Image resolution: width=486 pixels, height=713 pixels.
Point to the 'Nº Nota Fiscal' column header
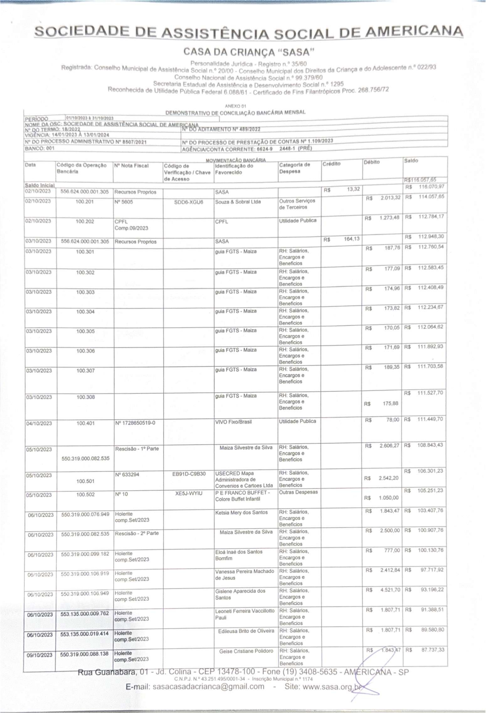131,166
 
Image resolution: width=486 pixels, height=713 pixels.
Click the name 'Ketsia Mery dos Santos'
241,512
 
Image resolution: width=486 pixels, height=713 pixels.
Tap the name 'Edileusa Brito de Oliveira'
246,631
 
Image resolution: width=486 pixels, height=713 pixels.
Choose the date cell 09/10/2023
40,655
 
